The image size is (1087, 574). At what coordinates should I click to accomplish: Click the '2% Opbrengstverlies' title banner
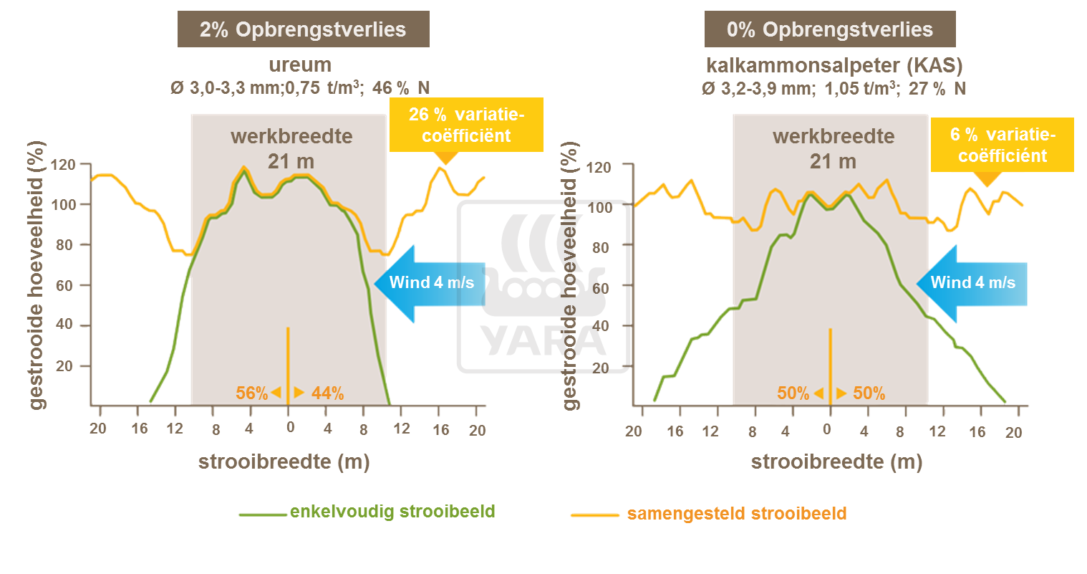(x=303, y=29)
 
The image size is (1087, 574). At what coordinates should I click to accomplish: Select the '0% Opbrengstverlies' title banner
(x=829, y=29)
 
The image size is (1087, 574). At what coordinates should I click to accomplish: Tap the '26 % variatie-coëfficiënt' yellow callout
(x=466, y=125)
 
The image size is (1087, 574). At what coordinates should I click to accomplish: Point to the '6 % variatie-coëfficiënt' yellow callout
(x=1002, y=145)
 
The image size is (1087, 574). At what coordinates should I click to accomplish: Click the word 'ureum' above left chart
(x=300, y=64)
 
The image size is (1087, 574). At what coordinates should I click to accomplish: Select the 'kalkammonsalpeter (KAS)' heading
(x=834, y=65)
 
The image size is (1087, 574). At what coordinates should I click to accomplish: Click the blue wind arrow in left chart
(x=430, y=283)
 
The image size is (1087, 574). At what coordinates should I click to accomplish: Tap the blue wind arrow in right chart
(x=972, y=283)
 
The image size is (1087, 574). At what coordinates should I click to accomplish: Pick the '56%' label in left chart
(x=251, y=393)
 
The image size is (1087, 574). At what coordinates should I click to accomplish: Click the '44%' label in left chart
(x=328, y=393)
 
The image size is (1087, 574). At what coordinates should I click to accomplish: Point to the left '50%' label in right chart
(x=793, y=393)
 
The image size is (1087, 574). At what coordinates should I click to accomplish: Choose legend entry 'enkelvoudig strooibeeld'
(x=392, y=512)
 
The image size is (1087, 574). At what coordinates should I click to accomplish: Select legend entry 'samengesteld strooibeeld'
(x=736, y=514)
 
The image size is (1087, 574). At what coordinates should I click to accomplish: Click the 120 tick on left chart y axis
(x=63, y=165)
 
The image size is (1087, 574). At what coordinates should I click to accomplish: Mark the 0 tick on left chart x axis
(x=290, y=428)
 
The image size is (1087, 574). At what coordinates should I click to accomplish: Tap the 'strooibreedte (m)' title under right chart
(x=836, y=462)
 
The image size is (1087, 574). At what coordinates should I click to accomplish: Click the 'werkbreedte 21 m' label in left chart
(x=291, y=148)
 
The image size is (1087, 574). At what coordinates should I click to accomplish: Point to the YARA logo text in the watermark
(x=542, y=340)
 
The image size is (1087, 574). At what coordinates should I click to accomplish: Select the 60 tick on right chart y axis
(x=600, y=288)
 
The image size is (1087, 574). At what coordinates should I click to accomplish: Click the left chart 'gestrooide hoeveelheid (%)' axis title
(x=37, y=275)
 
